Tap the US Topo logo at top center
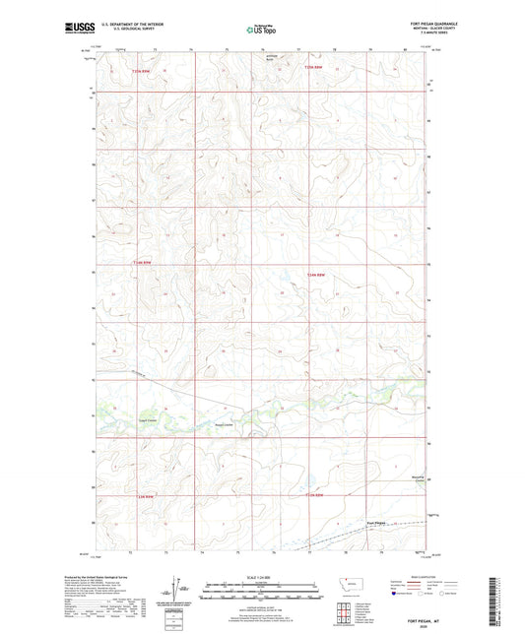tap(255, 30)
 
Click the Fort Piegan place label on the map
tap(377, 522)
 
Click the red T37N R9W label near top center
tap(313, 68)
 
